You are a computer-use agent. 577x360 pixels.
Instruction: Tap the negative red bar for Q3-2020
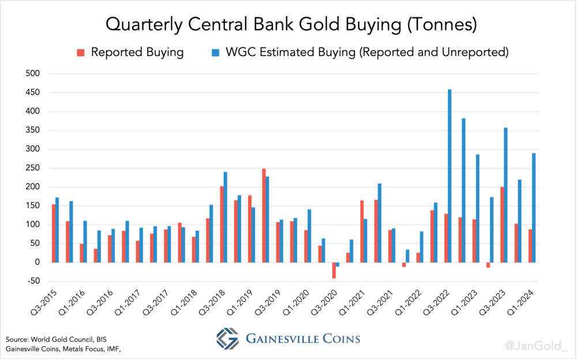pos(334,270)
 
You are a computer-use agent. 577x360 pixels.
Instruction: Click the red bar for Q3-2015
pos(54,233)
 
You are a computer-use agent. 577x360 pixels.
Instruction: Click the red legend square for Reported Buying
pos(81,52)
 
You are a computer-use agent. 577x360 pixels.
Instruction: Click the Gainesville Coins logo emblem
pos(227,339)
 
